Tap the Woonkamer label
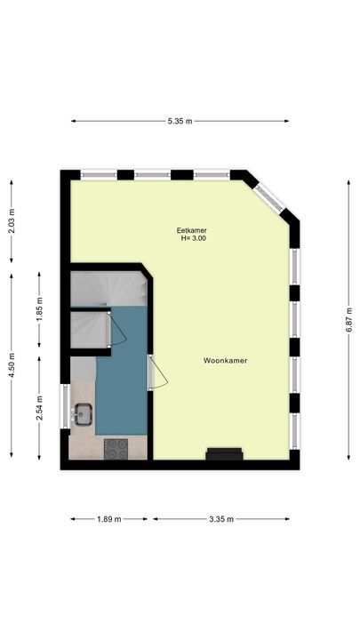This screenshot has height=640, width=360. (x=225, y=361)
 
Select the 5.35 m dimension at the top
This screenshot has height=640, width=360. (x=180, y=121)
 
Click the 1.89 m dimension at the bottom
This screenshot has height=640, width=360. (x=108, y=519)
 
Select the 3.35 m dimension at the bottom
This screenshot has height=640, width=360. (x=221, y=519)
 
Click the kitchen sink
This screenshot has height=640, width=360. (x=84, y=412)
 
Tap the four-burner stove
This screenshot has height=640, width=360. (x=116, y=449)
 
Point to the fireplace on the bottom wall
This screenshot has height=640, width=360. (x=224, y=455)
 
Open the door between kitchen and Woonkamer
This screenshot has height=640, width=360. (x=157, y=372)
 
